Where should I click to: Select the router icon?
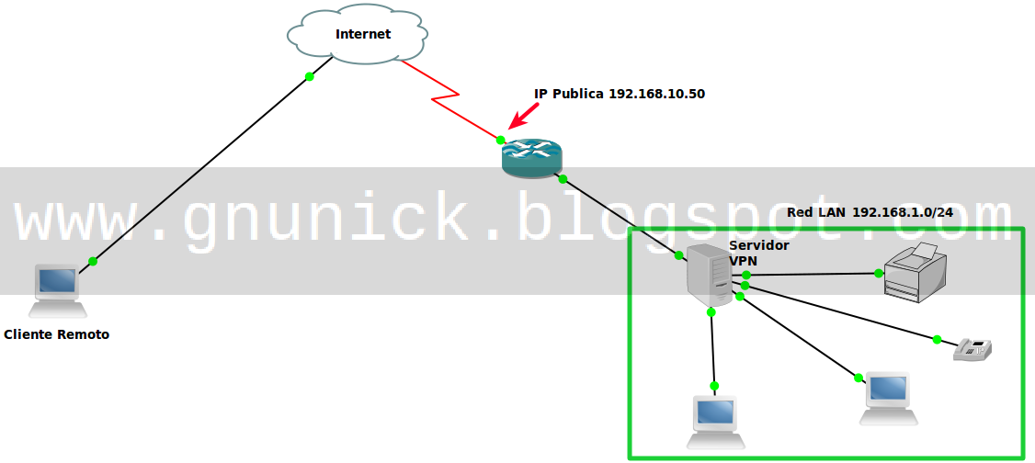pos(530,159)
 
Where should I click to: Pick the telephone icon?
pos(972,349)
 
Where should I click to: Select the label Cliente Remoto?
pos(57,334)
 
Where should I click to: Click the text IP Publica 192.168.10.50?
pos(620,94)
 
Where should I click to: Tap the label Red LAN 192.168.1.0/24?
pos(870,212)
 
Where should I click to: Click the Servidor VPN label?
pos(758,253)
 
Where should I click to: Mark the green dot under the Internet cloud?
pos(310,76)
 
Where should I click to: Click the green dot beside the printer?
pos(879,273)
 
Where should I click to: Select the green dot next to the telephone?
pos(937,339)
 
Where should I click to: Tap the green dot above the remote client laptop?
pos(93,262)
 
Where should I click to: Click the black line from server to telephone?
pos(841,313)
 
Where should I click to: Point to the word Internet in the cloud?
pos(363,34)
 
